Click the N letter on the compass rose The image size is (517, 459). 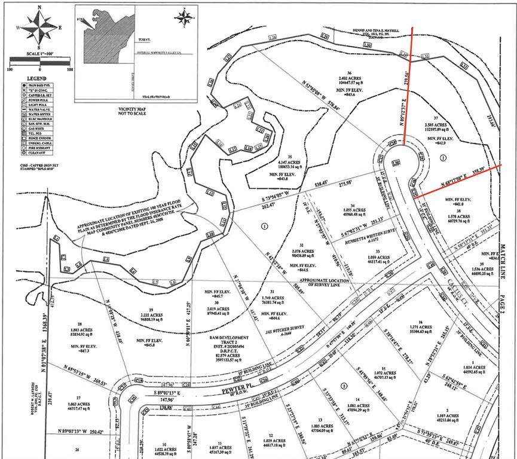(x=40, y=7)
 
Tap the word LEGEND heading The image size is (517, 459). (x=36, y=78)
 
